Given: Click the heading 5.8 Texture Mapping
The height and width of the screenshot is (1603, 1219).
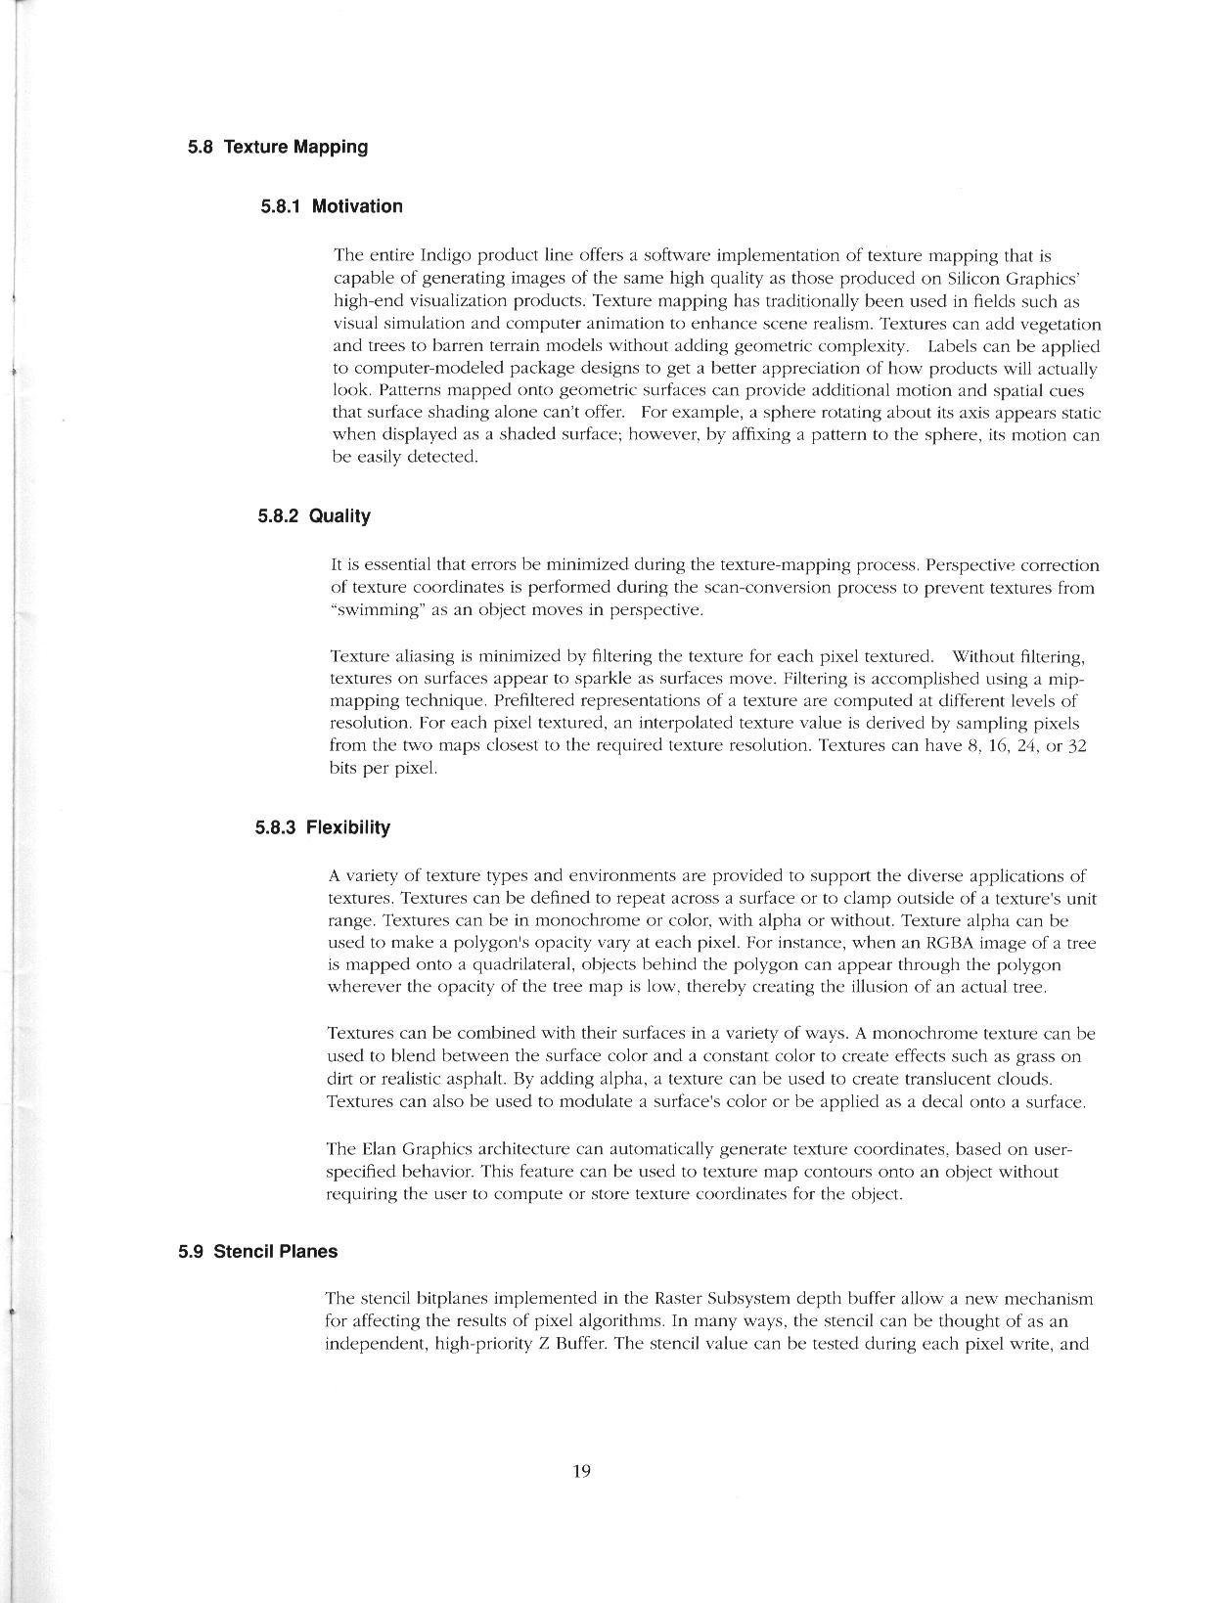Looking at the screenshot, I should click(x=278, y=148).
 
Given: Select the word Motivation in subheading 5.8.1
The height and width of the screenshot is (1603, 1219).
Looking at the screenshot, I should click(x=357, y=206).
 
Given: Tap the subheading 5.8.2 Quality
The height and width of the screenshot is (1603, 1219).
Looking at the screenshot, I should click(x=314, y=516).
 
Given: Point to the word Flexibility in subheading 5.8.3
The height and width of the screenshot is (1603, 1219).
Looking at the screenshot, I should click(x=348, y=827).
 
